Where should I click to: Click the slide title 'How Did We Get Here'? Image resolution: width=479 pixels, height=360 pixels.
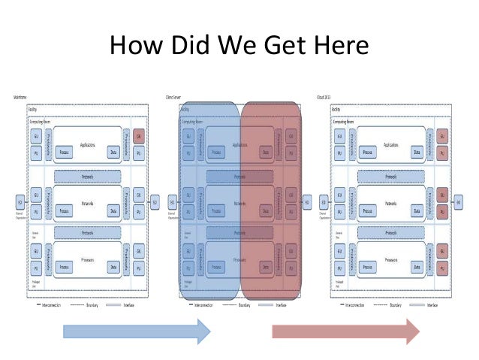click(239, 47)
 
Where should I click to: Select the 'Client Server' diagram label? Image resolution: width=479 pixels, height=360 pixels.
click(174, 98)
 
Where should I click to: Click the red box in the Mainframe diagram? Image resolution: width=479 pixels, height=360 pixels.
click(139, 136)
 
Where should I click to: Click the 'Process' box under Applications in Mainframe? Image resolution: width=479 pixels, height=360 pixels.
click(67, 151)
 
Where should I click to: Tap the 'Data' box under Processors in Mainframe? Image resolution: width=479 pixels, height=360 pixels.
click(113, 267)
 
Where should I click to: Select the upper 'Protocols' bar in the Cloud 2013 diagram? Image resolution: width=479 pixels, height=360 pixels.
click(390, 176)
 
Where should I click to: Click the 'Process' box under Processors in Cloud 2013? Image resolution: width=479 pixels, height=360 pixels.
click(369, 267)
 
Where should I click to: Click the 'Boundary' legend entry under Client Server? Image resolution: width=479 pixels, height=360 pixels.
click(243, 306)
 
